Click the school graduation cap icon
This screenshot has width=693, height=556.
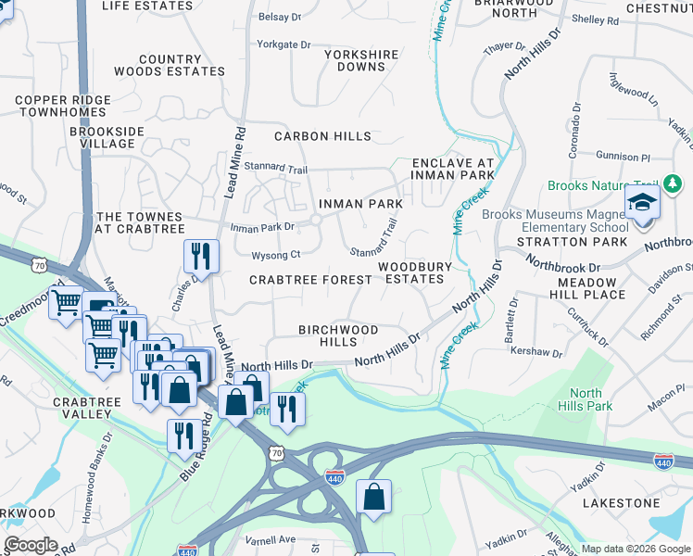coord(642,204)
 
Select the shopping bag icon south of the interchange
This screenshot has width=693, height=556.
coord(373,498)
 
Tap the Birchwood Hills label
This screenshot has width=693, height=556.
coord(337,335)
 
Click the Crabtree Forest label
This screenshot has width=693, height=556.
coord(310,280)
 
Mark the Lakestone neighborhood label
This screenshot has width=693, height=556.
coord(621,502)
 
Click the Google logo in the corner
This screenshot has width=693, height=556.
coord(30,546)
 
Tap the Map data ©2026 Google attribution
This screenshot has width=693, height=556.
coord(635,549)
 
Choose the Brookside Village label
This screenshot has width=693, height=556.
coord(107,137)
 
